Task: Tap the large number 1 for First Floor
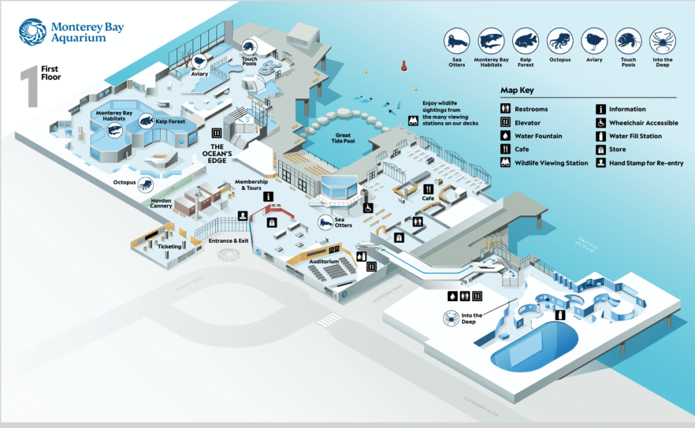pos(29,85)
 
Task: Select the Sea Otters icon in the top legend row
pos(457,42)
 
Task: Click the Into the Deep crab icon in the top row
pos(662,42)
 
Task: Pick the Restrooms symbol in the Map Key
pos(506,109)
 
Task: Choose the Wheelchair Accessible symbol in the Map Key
pos(601,123)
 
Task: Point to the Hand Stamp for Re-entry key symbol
pos(601,163)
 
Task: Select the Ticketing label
pos(170,246)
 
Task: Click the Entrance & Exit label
pos(229,241)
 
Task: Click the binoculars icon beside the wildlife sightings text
pos(412,121)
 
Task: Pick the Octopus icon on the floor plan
pos(145,184)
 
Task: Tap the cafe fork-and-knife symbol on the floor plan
pos(428,189)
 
